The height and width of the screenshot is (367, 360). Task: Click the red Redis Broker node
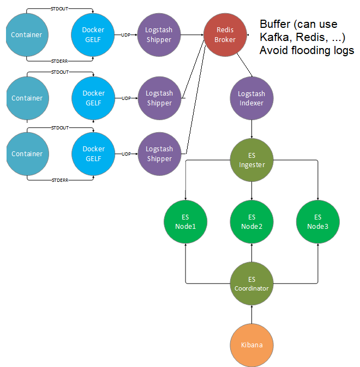pos(225,34)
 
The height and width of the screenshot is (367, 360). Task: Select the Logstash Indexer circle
pos(251,98)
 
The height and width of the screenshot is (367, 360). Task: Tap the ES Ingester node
pos(251,160)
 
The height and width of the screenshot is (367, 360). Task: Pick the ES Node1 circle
pos(185,222)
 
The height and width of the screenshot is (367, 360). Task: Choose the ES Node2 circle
pos(251,222)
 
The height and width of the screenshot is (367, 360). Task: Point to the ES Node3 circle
pos(318,222)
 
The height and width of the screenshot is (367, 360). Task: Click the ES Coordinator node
pos(251,283)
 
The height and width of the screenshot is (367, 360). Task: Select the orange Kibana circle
pos(251,345)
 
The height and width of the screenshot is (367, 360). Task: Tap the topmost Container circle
pos(27,34)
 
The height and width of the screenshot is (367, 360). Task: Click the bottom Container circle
pos(27,153)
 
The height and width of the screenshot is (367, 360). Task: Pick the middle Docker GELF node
pos(93,98)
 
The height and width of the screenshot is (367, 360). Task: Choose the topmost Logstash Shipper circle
pos(159,34)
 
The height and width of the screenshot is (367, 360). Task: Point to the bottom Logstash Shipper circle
pos(159,153)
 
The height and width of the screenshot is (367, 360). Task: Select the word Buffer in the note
pos(275,24)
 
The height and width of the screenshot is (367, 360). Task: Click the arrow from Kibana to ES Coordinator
pos(251,314)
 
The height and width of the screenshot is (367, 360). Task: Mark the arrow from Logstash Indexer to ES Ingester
pos(251,129)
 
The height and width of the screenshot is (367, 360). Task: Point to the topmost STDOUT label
pos(59,8)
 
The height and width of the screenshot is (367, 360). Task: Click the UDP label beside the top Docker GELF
pos(126,35)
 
